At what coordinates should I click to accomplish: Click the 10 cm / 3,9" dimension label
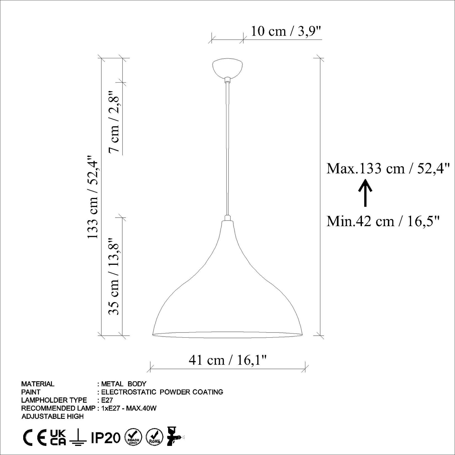coord(286,31)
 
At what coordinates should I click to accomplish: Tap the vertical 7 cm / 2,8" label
coord(114,121)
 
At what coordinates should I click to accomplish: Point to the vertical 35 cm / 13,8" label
coord(114,276)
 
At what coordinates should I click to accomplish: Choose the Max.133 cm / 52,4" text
coord(388,168)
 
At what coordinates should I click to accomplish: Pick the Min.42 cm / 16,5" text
coord(383,221)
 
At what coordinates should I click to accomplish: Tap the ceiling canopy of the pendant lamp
coord(227,68)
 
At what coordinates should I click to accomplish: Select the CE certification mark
coord(35,438)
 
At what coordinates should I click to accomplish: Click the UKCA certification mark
coord(58,438)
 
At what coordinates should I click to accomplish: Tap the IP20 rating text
coord(106,438)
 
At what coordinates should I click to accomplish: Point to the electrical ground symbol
coord(78,438)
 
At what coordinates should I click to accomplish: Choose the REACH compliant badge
coord(134,438)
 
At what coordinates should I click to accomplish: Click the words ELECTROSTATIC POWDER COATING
coord(162,392)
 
